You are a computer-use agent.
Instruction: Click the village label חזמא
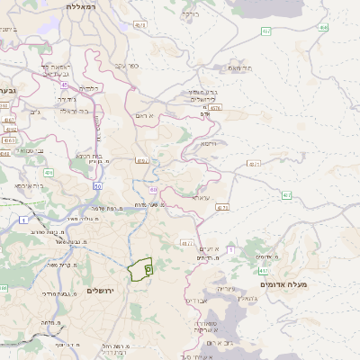click(209, 143)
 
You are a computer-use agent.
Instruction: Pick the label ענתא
click(201, 196)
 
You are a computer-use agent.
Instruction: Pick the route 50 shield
click(97, 184)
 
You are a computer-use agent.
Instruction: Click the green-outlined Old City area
click(141, 269)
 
